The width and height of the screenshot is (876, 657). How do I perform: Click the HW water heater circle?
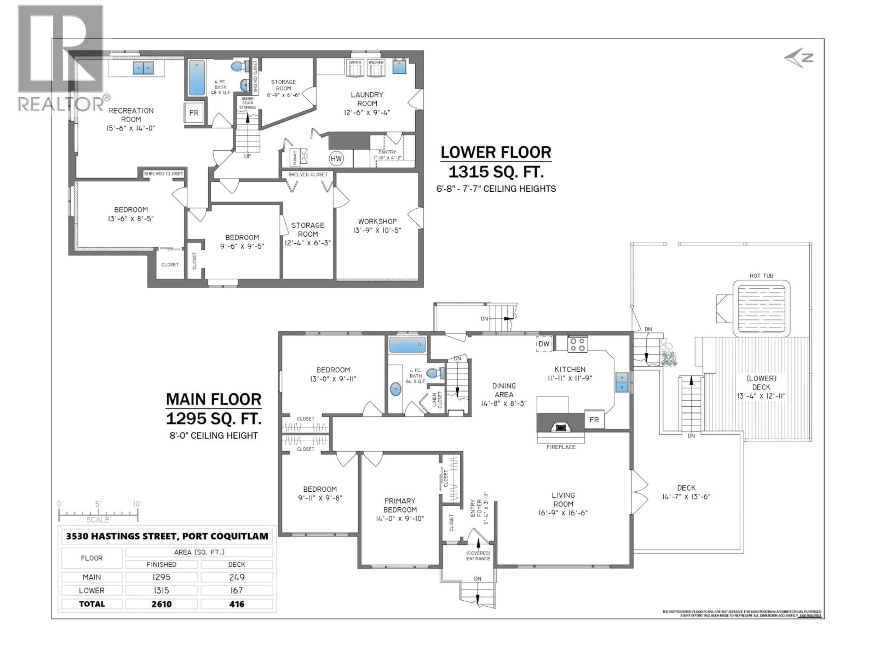click(x=336, y=159)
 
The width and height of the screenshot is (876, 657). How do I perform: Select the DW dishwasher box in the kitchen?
click(x=544, y=344)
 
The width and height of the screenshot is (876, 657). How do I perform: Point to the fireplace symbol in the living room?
click(x=560, y=427)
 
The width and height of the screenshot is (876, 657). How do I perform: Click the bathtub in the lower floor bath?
click(x=197, y=78)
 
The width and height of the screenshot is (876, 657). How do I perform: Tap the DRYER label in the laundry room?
click(x=355, y=63)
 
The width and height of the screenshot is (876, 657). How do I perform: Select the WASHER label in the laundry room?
click(x=376, y=63)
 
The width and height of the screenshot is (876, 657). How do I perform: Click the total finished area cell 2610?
click(x=161, y=604)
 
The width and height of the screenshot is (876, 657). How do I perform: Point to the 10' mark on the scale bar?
click(x=137, y=504)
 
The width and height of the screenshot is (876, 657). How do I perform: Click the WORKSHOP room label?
click(x=377, y=221)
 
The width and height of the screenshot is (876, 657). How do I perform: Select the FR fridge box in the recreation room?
click(x=194, y=113)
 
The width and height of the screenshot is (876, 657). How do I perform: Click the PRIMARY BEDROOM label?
click(x=400, y=505)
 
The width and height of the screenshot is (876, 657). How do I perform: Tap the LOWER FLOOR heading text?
click(x=495, y=152)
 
